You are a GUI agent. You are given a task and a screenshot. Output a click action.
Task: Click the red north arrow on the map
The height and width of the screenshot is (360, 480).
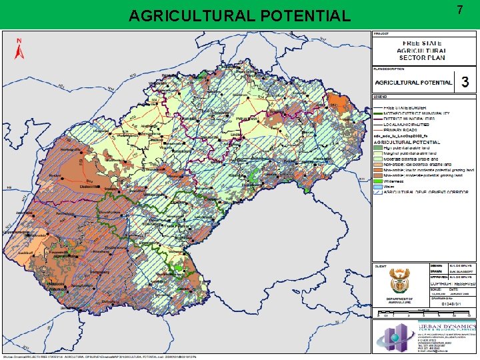[19, 47]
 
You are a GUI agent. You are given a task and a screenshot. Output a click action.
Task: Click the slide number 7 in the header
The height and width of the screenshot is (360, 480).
[459, 9]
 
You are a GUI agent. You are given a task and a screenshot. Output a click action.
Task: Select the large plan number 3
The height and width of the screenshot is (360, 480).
[465, 82]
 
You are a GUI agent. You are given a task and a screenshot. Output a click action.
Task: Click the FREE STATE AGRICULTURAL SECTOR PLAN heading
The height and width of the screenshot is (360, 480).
[421, 51]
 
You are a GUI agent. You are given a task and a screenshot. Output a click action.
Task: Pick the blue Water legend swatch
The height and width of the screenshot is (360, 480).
[377, 186]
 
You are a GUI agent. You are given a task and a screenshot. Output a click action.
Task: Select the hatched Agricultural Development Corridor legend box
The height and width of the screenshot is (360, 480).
[377, 191]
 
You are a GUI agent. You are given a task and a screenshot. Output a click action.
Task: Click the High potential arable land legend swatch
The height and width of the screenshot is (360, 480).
[377, 147]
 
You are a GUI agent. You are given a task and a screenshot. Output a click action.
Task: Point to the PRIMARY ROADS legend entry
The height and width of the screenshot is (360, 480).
[400, 130]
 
